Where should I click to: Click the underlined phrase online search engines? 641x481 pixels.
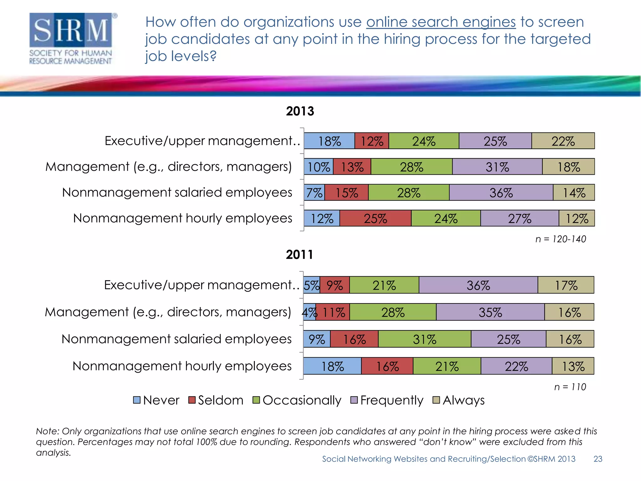point(441,22)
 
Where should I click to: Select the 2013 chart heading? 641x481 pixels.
point(300,111)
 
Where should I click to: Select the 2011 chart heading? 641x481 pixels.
point(299,255)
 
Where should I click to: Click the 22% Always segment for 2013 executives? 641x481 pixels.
point(563,141)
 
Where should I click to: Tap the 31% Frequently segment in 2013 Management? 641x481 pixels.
point(497,167)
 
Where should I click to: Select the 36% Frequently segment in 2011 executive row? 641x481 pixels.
point(478,285)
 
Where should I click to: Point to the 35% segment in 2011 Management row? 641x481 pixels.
point(490,312)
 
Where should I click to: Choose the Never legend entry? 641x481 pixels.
point(156,400)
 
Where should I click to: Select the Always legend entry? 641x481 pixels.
point(459,400)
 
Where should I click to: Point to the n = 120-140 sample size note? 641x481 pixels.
point(560,239)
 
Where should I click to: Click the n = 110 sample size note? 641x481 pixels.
point(570,387)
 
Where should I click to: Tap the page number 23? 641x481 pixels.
point(597,459)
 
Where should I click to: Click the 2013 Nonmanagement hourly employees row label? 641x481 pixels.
point(182,218)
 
